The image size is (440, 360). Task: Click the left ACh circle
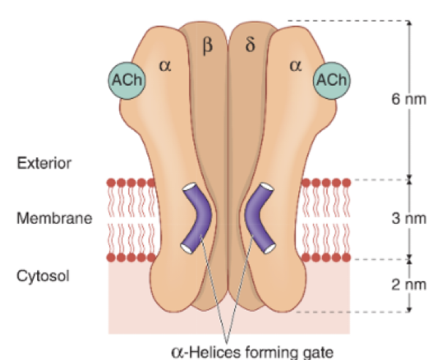pyautogui.click(x=127, y=80)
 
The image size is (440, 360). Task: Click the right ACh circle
pyautogui.click(x=331, y=80)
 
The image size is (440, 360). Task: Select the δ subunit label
pyautogui.click(x=251, y=47)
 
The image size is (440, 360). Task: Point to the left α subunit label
pyautogui.click(x=164, y=66)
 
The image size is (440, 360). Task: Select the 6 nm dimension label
pyautogui.click(x=408, y=100)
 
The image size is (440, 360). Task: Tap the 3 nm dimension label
pyautogui.click(x=408, y=220)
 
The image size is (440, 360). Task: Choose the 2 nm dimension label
pyautogui.click(x=408, y=285)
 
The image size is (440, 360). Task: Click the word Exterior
pyautogui.click(x=44, y=162)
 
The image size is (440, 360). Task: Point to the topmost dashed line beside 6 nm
pyautogui.click(x=347, y=20)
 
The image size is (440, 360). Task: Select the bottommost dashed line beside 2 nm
pyautogui.click(x=351, y=312)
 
